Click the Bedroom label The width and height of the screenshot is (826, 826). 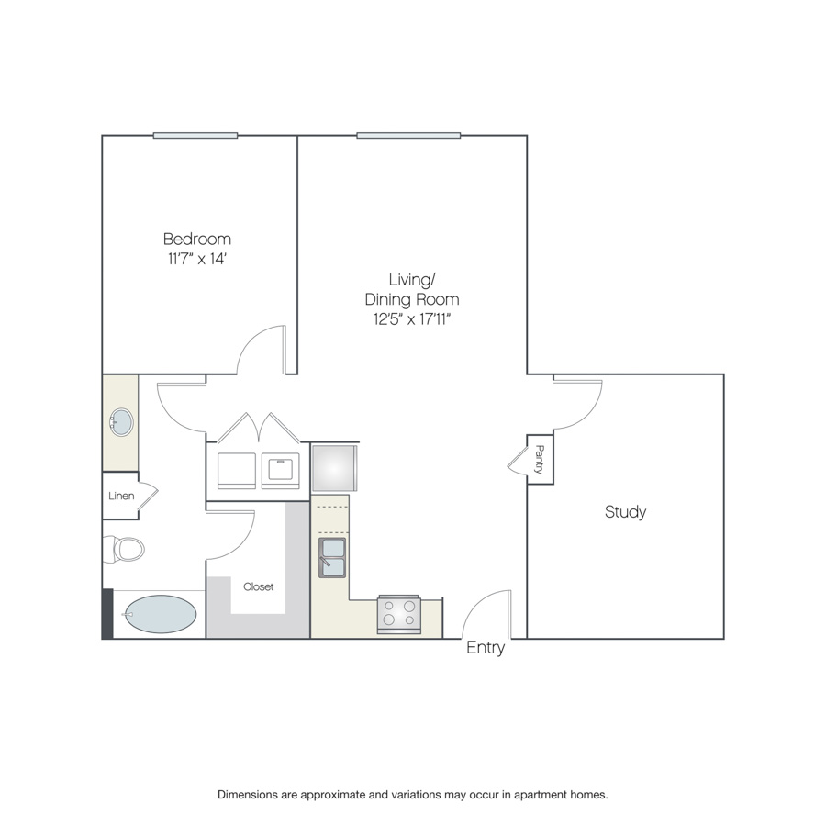click(197, 240)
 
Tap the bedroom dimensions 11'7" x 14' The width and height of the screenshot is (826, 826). click(197, 259)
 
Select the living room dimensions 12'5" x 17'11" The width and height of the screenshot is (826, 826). click(412, 319)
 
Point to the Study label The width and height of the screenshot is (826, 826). click(625, 511)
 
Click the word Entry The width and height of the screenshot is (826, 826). click(486, 647)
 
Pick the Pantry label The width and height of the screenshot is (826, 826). click(540, 460)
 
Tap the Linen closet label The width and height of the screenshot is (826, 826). click(121, 496)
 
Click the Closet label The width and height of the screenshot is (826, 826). click(258, 586)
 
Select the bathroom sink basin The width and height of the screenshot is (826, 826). click(122, 422)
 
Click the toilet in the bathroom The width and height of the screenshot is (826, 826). click(124, 549)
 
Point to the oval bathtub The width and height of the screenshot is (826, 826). click(160, 614)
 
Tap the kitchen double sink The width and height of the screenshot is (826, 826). click(332, 557)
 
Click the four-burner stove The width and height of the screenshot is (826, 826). click(399, 614)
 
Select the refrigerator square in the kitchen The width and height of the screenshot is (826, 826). click(334, 468)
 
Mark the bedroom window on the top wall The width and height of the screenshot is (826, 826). click(195, 136)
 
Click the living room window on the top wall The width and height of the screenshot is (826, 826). click(408, 136)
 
